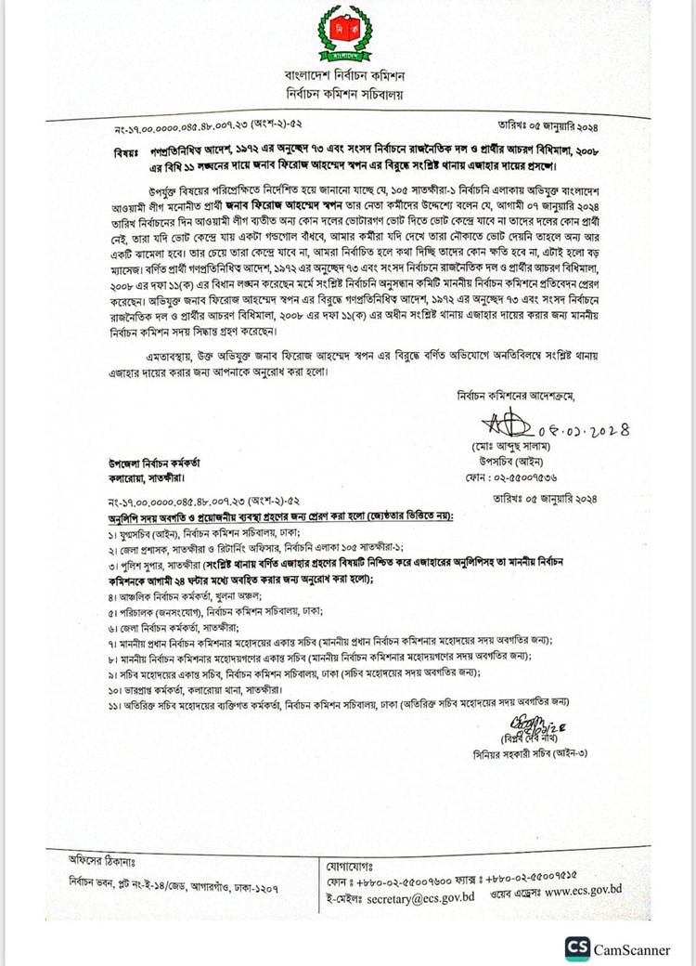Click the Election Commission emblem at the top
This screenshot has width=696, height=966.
coord(347,32)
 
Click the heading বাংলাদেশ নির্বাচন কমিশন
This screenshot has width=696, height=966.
coord(347,74)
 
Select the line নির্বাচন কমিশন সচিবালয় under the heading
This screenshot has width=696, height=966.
coord(347,93)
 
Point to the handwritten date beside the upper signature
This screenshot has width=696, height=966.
coord(584,430)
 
